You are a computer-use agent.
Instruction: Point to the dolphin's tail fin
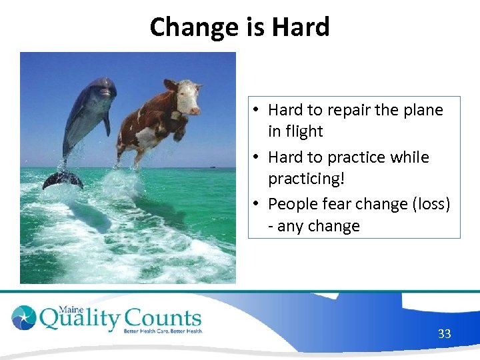click(63, 179)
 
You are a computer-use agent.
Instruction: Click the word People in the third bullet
click(292, 204)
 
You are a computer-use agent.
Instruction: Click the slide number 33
click(444, 333)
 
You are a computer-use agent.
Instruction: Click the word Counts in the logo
click(163, 319)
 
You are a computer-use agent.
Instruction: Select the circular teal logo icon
click(24, 317)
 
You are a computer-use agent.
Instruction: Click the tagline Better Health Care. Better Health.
click(163, 331)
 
